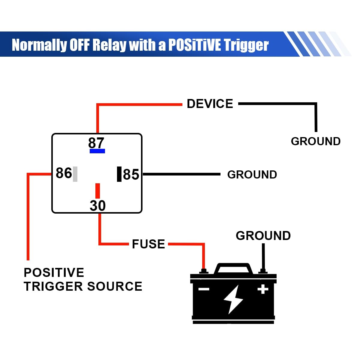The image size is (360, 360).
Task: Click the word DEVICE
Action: tap(210, 104)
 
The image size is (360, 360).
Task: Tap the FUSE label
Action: tap(148, 244)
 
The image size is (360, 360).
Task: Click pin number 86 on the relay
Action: tap(64, 173)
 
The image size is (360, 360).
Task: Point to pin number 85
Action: tap(131, 174)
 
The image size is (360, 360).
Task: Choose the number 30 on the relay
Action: tap(97, 206)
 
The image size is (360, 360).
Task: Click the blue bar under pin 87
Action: tap(97, 151)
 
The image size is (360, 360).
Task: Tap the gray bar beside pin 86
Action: tap(75, 174)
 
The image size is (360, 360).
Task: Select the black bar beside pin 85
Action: tap(119, 174)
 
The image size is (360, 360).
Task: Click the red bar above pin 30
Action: tap(97, 191)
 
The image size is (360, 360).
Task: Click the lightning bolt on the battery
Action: tap(232, 299)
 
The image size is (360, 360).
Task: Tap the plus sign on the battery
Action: tap(263, 289)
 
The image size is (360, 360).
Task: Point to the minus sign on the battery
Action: tap(204, 289)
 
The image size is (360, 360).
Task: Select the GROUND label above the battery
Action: tap(263, 236)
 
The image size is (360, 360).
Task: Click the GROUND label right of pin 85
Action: tap(252, 175)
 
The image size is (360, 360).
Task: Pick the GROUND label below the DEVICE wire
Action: tap(316, 141)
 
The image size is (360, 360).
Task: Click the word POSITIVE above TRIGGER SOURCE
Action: tap(54, 273)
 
